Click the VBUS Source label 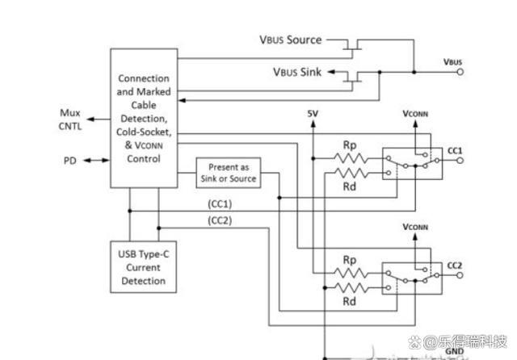coord(291,40)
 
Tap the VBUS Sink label coord(297,72)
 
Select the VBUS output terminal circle coord(460,72)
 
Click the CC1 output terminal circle coord(460,161)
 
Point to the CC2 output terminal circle coord(460,275)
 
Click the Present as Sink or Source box coord(229,173)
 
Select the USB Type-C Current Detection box coord(144,267)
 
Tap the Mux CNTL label coord(70,119)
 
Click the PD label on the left coord(70,161)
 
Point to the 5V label coord(313,114)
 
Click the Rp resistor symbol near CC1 coord(351,158)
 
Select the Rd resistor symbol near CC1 coord(351,173)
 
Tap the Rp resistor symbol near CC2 coord(350,273)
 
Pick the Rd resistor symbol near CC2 coord(350,288)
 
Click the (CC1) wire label coord(220,204)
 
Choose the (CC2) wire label coord(220,220)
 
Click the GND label coord(455,351)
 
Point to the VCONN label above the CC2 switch coord(415,228)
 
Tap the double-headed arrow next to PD coord(96,161)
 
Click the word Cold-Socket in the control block coord(144,132)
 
